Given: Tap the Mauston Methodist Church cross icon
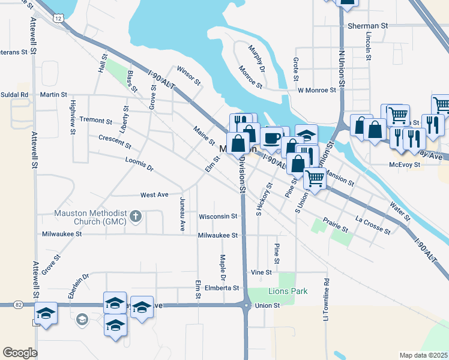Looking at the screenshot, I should pos(136,215).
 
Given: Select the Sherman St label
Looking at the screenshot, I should pos(368,26).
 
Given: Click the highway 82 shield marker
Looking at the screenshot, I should pos(19,305).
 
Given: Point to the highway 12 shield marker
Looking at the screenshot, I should pos(58,19).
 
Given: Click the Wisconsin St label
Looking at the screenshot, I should pos(218,216).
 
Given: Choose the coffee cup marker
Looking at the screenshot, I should pos(271,137).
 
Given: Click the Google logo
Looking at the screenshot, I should pos(20,352).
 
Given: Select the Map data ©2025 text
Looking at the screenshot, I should pos(423,355).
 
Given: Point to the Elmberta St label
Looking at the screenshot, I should pos(223,288).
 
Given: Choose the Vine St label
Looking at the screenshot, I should pos(262,272).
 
